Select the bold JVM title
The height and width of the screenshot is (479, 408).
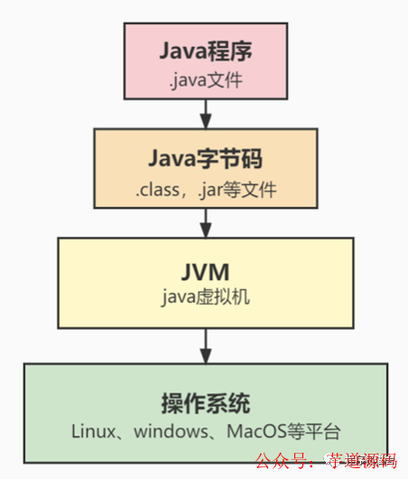click(x=206, y=272)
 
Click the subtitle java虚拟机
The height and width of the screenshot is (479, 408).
click(x=206, y=296)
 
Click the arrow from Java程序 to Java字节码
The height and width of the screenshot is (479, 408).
click(x=206, y=112)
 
